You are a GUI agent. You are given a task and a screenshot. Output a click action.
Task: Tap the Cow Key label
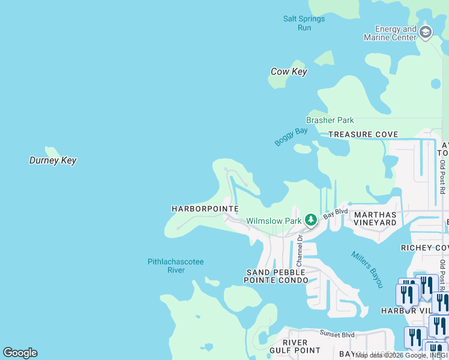tap(289, 72)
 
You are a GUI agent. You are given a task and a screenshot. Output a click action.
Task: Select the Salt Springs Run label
tap(304, 23)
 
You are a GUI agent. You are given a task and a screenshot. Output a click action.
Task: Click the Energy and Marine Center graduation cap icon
tap(426, 32)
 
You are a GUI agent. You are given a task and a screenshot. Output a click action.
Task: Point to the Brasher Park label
tap(330, 120)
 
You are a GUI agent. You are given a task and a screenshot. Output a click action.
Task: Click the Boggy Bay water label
tap(291, 136)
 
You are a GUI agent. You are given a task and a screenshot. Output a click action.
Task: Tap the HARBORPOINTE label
tap(205, 209)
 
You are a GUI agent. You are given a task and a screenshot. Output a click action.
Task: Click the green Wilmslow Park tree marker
tap(310, 220)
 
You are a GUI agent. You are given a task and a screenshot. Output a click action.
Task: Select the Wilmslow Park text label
tap(274, 221)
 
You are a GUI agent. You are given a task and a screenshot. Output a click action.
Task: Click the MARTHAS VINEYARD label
tap(375, 218)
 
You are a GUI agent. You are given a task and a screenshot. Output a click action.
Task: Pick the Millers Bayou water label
tap(367, 269)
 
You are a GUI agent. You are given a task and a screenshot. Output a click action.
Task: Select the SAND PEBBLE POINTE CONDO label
tap(276, 277)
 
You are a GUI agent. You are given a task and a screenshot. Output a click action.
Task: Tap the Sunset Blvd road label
tap(337, 335)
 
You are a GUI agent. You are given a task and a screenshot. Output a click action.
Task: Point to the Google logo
tap(20, 353)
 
